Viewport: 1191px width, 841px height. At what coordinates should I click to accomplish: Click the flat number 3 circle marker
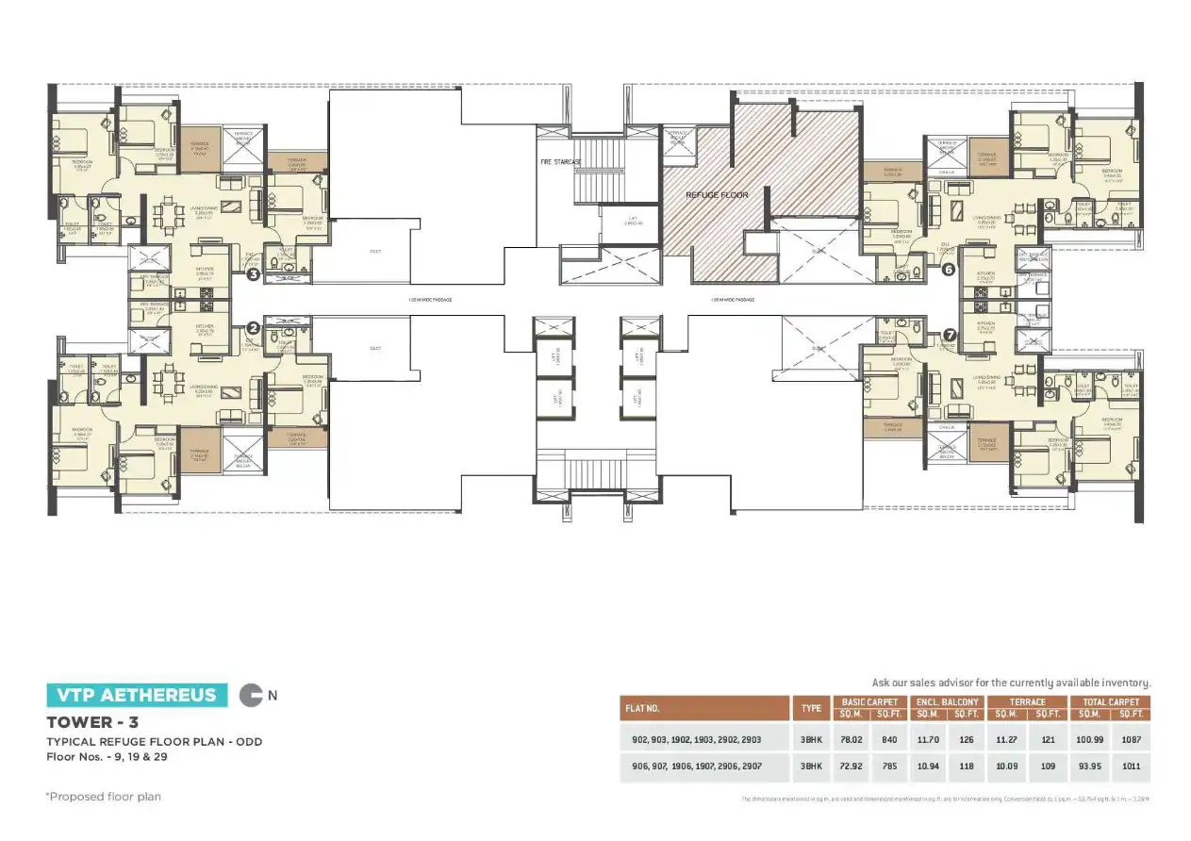[253, 275]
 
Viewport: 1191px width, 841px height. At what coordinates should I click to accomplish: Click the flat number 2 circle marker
[253, 328]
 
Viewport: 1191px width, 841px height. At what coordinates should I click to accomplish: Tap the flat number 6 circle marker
[949, 270]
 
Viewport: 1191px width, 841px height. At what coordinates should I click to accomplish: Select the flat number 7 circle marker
[950, 335]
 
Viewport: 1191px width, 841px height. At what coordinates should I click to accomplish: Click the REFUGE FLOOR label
[717, 195]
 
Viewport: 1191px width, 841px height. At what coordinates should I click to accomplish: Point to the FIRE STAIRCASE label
[561, 162]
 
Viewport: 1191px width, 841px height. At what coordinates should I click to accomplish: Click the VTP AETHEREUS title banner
[137, 696]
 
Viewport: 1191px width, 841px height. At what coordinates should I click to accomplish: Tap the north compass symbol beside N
[251, 696]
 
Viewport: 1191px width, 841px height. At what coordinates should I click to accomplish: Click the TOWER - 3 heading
[88, 723]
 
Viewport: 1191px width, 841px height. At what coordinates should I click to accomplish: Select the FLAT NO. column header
[703, 707]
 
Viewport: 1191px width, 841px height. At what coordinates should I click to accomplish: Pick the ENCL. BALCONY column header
[947, 701]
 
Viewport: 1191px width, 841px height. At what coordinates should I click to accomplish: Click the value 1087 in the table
[1132, 740]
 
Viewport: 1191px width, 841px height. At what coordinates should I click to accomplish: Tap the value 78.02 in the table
[851, 740]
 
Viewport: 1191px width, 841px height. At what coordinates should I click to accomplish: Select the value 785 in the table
[888, 767]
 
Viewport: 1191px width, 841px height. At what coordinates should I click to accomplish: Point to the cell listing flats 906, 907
[703, 767]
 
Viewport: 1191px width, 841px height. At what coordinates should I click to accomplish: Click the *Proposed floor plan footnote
[104, 797]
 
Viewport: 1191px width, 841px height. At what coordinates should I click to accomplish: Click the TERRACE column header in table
[1028, 701]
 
